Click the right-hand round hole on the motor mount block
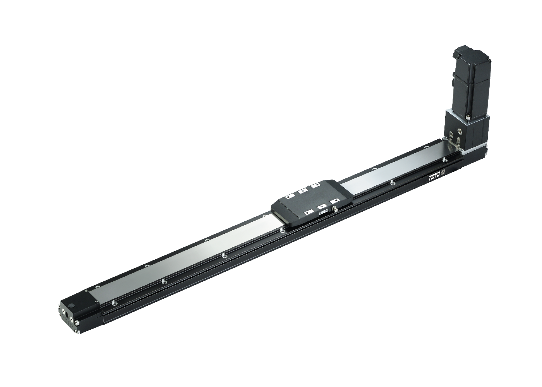(460, 132)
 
